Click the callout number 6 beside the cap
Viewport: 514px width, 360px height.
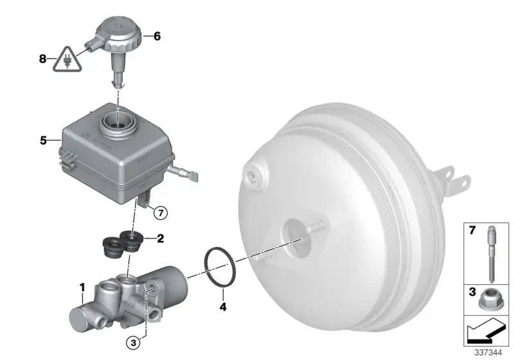(157, 36)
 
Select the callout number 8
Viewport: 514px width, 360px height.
(42, 59)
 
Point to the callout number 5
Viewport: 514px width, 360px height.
(43, 141)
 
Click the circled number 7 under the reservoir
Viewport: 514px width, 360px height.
(161, 213)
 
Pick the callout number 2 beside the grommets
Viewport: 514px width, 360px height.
(160, 239)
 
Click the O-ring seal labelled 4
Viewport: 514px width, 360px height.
(220, 267)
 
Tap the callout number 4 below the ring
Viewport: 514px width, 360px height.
(223, 307)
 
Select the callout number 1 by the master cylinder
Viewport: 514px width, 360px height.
(83, 287)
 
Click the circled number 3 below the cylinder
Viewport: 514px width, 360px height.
(133, 343)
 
